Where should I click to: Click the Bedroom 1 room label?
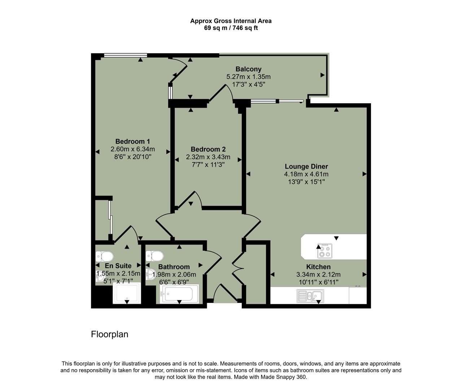(132, 141)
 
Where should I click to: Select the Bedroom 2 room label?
(208, 149)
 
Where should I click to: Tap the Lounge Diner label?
(306, 166)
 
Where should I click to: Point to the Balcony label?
(248, 69)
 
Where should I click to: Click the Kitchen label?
(318, 267)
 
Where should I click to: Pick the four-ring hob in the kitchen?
(324, 251)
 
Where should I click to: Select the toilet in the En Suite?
(104, 256)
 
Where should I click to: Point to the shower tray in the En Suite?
(127, 293)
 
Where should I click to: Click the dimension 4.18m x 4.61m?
(306, 174)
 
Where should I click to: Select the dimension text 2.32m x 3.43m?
(208, 157)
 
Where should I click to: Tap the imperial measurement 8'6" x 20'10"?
(132, 157)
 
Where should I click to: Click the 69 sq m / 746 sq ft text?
(231, 28)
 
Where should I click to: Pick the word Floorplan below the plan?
(109, 334)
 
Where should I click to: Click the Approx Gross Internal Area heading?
(231, 21)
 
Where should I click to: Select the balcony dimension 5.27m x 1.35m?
(248, 77)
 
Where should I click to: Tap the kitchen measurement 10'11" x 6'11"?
(318, 282)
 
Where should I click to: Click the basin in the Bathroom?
(150, 275)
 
